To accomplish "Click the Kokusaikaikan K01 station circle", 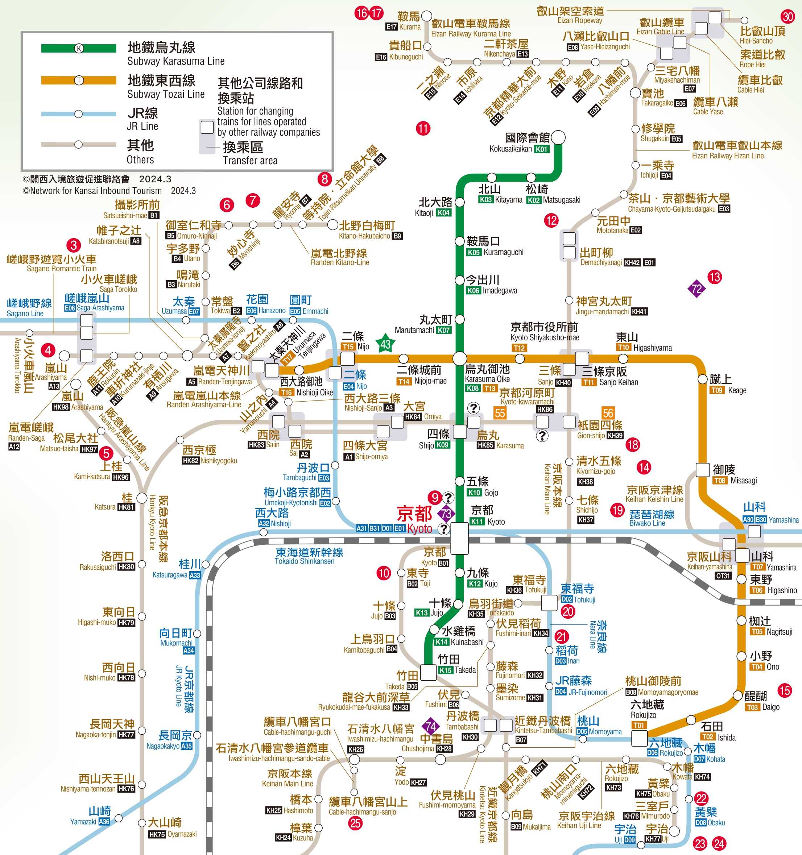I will (558, 138).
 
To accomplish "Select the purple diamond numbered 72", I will (696, 289).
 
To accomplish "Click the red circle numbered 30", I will (788, 17).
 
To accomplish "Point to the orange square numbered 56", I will (608, 413).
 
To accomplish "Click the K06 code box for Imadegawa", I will (473, 291).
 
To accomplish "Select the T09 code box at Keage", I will (716, 390).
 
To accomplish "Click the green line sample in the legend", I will (79, 48).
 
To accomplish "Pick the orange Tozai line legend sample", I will (79, 80).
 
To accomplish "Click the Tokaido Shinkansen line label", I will (309, 556).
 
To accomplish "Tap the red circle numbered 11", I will (423, 128).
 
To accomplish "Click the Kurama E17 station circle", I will (426, 16).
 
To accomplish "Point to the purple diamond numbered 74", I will (430, 727).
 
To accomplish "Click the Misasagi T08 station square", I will (703, 470).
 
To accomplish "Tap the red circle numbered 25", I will (355, 823).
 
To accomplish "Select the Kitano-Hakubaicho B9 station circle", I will (332, 224).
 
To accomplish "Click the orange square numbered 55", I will (500, 413).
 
